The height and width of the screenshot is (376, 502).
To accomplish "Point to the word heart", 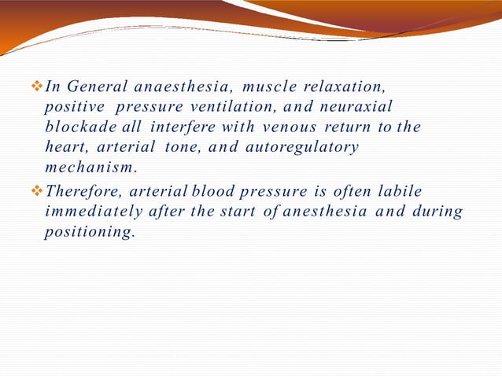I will pyautogui.click(x=67, y=147).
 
